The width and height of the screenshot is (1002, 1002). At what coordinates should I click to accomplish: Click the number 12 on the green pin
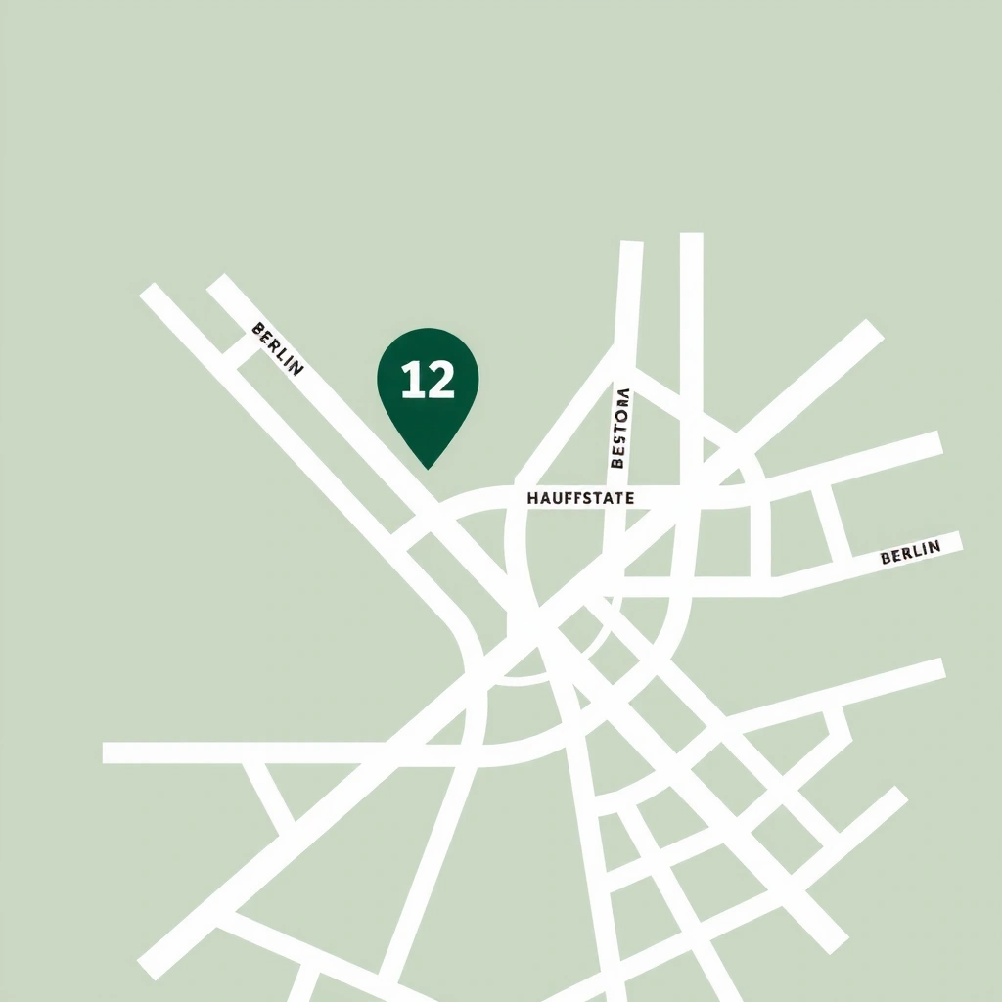pos(428,380)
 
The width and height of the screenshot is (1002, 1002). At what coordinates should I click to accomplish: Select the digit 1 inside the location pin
pos(411,380)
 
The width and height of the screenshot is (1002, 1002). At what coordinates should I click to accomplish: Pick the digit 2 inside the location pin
pos(440,380)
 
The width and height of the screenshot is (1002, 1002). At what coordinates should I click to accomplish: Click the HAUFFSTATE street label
pos(580,498)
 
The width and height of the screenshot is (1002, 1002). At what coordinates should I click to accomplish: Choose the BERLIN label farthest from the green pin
pos(910,552)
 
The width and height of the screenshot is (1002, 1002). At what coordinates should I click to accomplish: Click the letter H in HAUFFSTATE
pos(532,498)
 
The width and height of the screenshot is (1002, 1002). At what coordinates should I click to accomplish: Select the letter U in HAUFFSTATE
pos(556,498)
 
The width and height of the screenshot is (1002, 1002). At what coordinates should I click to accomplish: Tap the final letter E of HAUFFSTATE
pos(629,498)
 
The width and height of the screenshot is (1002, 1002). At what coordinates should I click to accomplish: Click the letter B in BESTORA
pos(617,464)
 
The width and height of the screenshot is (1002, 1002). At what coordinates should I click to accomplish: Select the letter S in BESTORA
pos(618,441)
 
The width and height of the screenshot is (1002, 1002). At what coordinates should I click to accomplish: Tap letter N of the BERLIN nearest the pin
pos(296,369)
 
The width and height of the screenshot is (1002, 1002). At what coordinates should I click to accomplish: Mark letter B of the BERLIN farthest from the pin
pos(886,559)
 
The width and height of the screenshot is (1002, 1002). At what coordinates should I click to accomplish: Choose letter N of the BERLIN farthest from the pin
pos(934,546)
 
